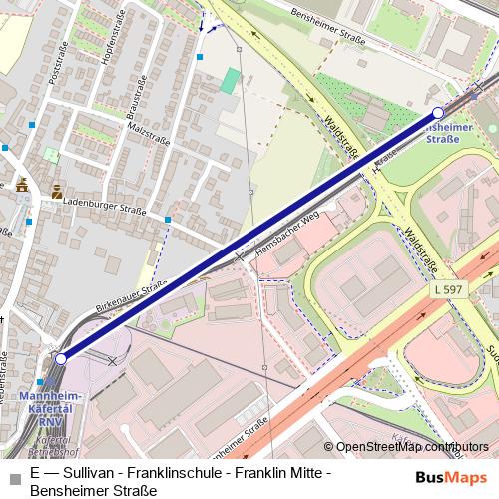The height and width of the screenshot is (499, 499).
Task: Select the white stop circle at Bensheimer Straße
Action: click(x=438, y=113)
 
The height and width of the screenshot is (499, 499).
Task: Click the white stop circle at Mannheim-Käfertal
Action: click(x=61, y=358)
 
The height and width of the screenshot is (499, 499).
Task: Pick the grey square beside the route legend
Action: click(x=15, y=472)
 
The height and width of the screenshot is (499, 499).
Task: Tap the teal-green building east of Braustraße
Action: click(x=231, y=81)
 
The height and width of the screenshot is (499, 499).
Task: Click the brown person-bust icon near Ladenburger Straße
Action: click(x=58, y=187)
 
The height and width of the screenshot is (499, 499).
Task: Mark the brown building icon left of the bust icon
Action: click(x=22, y=186)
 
